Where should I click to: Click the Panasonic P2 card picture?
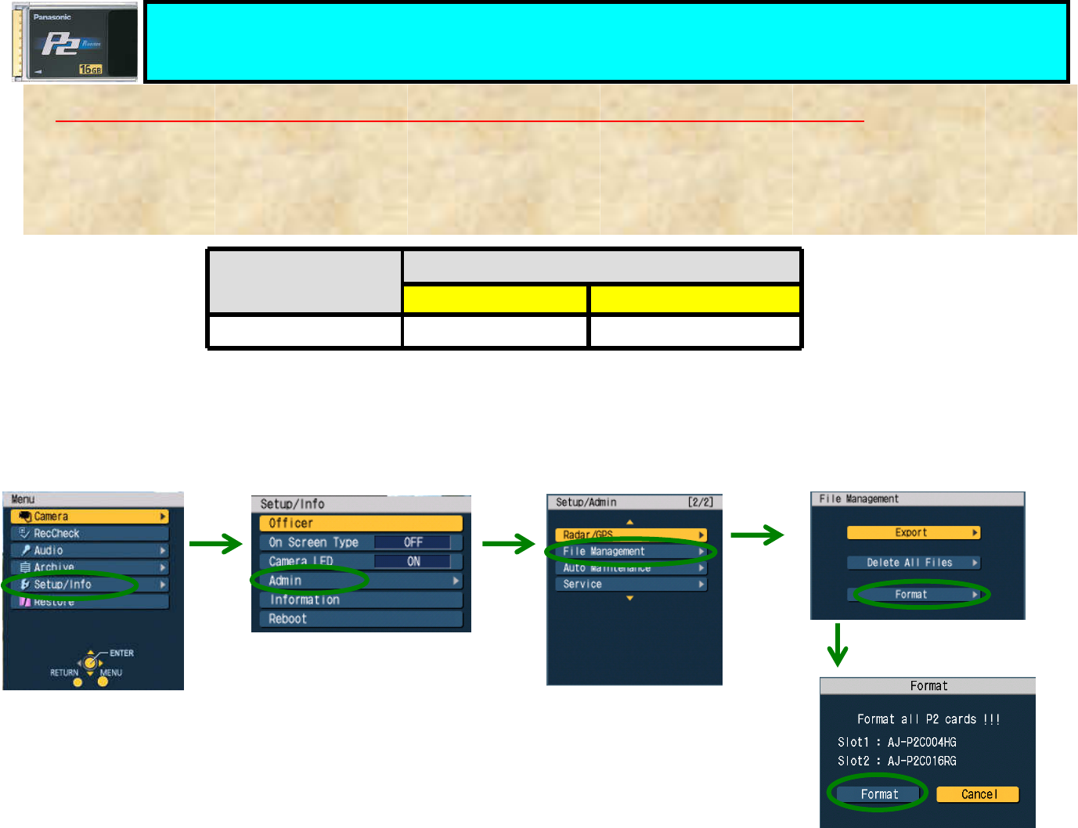74,42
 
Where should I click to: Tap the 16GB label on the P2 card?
91,70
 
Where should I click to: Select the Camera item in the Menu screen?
89,517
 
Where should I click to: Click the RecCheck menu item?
89,534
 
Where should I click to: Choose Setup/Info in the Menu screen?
89,585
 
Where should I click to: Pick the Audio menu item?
89,551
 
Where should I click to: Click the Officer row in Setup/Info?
361,524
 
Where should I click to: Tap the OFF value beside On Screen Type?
413,542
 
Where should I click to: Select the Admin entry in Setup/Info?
361,581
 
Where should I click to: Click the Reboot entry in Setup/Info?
361,619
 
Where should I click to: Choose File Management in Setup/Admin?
630,552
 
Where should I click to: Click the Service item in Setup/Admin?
630,585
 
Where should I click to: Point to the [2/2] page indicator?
700,502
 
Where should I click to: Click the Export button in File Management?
913,533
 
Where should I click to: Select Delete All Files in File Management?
913,563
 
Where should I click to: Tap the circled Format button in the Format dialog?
879,794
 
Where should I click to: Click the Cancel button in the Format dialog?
978,794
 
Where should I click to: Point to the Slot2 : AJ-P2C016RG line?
896,761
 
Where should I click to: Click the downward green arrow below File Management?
838,645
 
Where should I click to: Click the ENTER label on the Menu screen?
121,653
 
